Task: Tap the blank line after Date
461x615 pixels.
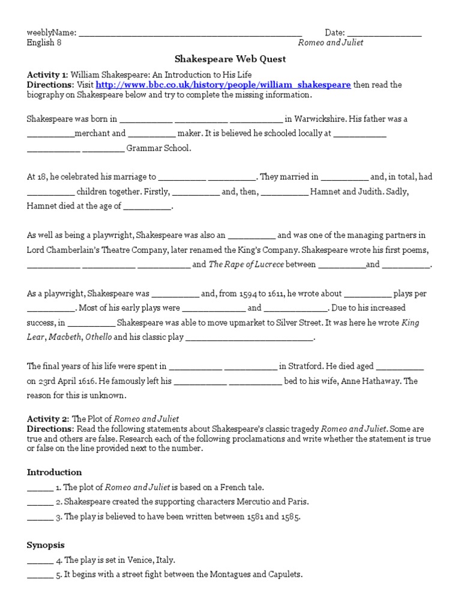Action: tap(384, 34)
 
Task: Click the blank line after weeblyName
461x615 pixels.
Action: tap(190, 34)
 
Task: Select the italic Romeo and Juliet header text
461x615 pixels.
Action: tap(331, 43)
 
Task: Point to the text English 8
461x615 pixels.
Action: tap(44, 43)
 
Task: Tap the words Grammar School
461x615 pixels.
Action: tap(158, 148)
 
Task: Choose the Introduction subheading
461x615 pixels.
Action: tap(54, 472)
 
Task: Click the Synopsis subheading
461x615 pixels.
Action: tap(47, 545)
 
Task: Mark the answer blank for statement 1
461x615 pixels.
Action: tap(40, 487)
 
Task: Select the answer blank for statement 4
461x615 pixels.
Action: tap(40, 560)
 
